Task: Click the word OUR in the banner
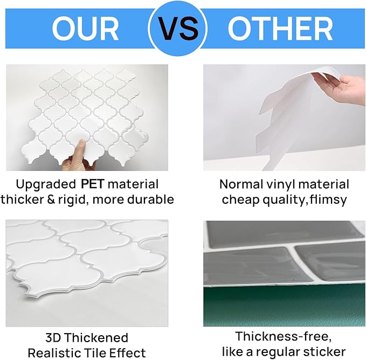click(85, 29)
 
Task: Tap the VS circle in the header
click(178, 29)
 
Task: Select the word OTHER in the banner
click(280, 29)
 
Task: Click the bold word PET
click(92, 184)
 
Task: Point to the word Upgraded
click(46, 185)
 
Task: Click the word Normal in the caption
click(241, 184)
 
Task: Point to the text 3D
click(53, 337)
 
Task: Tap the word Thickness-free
click(283, 336)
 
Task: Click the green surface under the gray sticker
click(284, 306)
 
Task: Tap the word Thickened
click(96, 337)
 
